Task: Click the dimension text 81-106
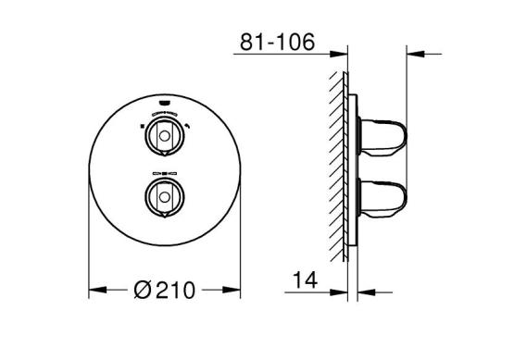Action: click(277, 42)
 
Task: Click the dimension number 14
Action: click(305, 280)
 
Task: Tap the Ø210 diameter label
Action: click(165, 290)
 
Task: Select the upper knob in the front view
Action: click(165, 135)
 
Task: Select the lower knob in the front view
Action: click(165, 197)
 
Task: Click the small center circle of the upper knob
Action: click(165, 136)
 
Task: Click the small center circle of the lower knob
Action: click(165, 197)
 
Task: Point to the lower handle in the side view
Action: click(382, 197)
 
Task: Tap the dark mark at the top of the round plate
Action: click(165, 103)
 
